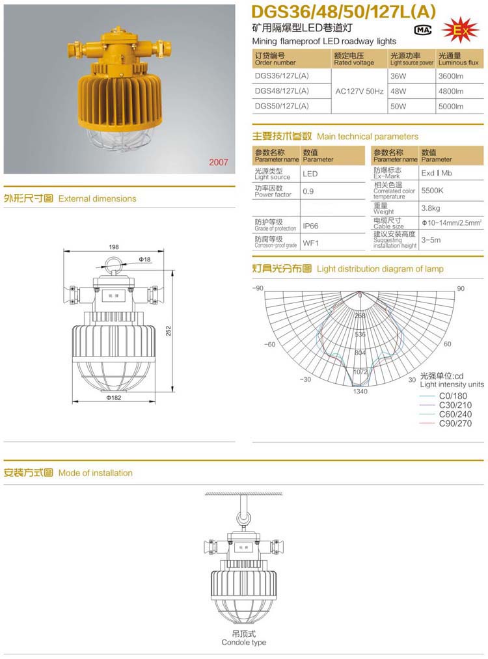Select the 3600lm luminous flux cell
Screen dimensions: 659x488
coord(450,75)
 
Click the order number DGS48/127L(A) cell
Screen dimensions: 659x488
coord(282,90)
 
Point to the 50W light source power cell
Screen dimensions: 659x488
coord(398,105)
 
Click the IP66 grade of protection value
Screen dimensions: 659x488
coord(310,227)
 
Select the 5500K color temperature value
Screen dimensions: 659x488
coord(433,191)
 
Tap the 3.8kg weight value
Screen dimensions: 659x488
coord(431,208)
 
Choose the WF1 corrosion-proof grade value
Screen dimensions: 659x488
coord(310,243)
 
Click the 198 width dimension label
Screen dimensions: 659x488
coord(114,247)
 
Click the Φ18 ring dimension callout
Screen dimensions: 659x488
coord(144,260)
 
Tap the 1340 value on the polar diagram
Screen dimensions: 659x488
coord(360,391)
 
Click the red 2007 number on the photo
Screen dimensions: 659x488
coord(219,162)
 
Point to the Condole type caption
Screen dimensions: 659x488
coord(243,642)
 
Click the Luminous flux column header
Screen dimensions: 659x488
coord(458,59)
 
